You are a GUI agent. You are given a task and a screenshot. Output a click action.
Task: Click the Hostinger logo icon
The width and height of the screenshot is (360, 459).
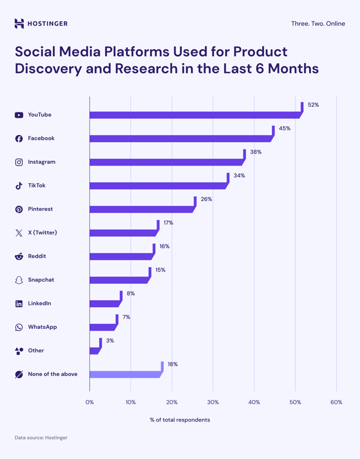click(x=19, y=24)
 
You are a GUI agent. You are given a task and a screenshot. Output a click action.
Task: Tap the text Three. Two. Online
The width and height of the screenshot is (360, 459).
click(x=318, y=24)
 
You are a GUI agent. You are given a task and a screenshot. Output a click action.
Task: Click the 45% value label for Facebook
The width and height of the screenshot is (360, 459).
click(x=285, y=128)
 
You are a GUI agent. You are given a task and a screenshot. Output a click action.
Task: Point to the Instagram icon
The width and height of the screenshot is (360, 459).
click(x=19, y=162)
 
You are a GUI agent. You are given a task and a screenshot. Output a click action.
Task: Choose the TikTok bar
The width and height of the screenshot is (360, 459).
click(x=158, y=185)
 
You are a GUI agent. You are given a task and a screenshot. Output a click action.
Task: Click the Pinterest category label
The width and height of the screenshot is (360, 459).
click(x=40, y=209)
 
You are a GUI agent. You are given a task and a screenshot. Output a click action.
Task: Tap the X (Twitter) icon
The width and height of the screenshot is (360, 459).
click(x=19, y=232)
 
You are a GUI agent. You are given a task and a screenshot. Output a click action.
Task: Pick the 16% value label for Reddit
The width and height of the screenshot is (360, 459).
click(x=165, y=246)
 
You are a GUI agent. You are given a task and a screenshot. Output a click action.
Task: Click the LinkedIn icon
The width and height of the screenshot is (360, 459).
click(x=19, y=304)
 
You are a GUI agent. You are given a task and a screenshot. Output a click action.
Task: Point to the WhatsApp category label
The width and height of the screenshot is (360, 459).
click(x=42, y=327)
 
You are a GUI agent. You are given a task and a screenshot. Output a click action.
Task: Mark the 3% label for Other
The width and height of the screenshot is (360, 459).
click(x=110, y=341)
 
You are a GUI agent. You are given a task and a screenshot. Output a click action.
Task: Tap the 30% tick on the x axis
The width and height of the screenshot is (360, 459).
click(x=213, y=402)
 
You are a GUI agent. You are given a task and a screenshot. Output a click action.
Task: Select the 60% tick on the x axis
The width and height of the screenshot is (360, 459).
click(x=336, y=402)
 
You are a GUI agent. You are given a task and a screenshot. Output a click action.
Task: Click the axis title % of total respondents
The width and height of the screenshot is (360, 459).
click(x=180, y=420)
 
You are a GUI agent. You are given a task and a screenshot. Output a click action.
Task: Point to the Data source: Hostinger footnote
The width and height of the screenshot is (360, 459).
click(x=41, y=437)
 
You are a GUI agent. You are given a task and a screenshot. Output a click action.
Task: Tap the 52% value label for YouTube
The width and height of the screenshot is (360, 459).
click(x=313, y=105)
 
